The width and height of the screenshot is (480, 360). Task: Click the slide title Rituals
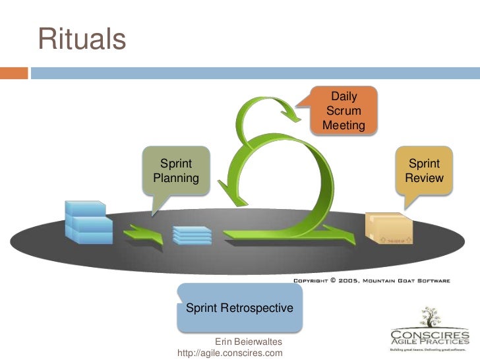point(82,39)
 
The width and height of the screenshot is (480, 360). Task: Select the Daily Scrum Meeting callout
point(344,111)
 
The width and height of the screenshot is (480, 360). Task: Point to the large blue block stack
point(88,222)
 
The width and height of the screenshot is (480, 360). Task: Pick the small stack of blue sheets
point(192,235)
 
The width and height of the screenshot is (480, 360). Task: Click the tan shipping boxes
point(389,228)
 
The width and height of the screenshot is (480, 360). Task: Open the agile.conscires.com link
point(230,353)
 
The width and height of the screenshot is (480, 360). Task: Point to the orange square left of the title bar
point(14,73)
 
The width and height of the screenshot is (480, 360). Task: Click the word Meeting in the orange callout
point(344,125)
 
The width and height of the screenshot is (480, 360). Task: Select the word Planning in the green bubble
point(175,178)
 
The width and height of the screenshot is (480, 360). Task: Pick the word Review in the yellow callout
point(425,178)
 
